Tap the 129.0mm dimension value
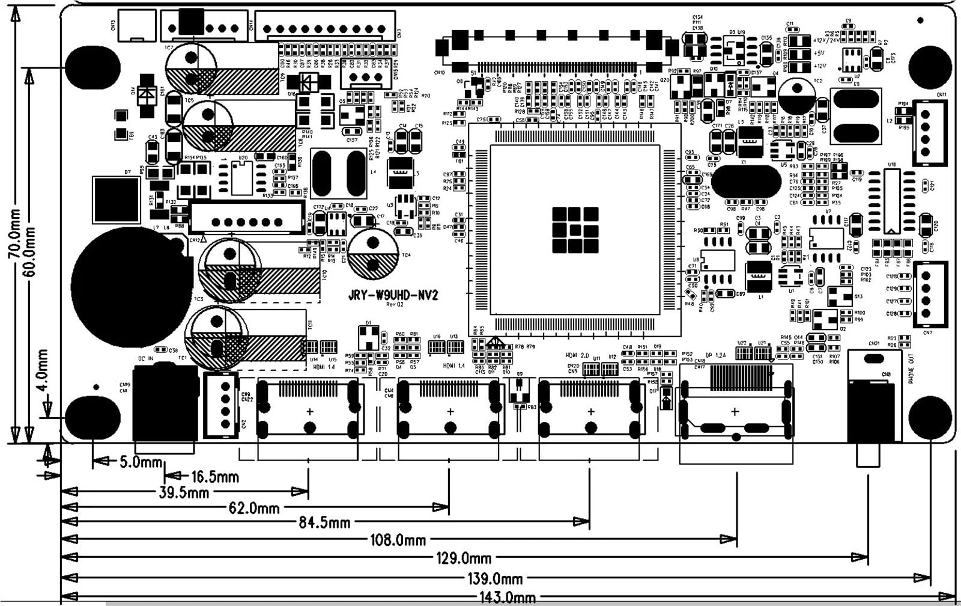(x=464, y=559)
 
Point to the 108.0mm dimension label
(x=398, y=540)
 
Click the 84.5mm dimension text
(x=324, y=522)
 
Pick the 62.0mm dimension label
(x=254, y=509)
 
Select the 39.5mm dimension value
(x=184, y=493)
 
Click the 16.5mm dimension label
(x=214, y=477)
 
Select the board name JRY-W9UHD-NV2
(x=393, y=295)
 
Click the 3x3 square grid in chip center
(x=575, y=230)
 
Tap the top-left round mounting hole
(x=92, y=66)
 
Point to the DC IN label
(x=146, y=359)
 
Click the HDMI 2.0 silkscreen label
(x=577, y=355)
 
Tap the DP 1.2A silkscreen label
(x=715, y=355)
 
